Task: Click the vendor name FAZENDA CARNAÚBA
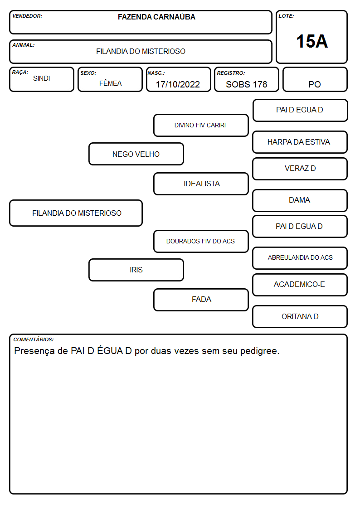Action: pyautogui.click(x=156, y=17)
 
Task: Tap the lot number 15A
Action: pyautogui.click(x=312, y=41)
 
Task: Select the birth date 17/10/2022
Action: pyautogui.click(x=178, y=84)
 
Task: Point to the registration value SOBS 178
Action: pyautogui.click(x=246, y=84)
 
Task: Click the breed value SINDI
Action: pyautogui.click(x=42, y=78)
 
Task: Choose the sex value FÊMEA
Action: pyautogui.click(x=110, y=83)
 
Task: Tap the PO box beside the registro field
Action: pyautogui.click(x=315, y=79)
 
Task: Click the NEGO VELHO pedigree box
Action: pyautogui.click(x=136, y=154)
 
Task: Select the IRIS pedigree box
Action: pyautogui.click(x=136, y=270)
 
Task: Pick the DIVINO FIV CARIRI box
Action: pyautogui.click(x=201, y=125)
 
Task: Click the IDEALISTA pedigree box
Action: pyautogui.click(x=201, y=184)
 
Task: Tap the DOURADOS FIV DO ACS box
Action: pyautogui.click(x=201, y=241)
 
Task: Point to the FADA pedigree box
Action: pyautogui.click(x=201, y=300)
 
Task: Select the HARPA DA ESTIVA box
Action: pyautogui.click(x=300, y=142)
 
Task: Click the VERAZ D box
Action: pyautogui.click(x=300, y=169)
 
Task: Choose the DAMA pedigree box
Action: pyautogui.click(x=300, y=200)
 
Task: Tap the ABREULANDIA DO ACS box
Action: pyautogui.click(x=300, y=258)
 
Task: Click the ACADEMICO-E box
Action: pyautogui.click(x=300, y=285)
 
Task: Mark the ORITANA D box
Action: pyautogui.click(x=300, y=316)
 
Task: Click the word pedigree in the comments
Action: pyautogui.click(x=260, y=351)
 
